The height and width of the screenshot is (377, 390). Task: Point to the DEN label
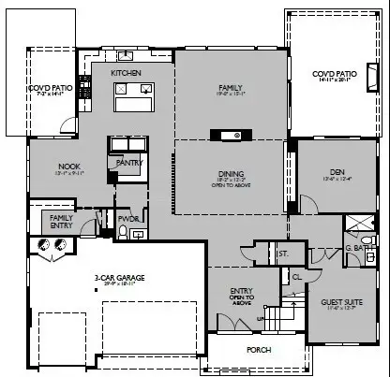[337, 172]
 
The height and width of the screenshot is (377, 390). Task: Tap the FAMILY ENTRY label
[61, 220]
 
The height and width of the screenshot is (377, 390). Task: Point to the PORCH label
[258, 352]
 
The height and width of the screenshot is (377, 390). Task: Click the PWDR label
[128, 219]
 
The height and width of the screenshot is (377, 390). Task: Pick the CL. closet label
[296, 276]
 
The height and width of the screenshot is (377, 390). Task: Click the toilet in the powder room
[123, 233]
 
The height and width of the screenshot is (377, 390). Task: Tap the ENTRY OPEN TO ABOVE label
[242, 296]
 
